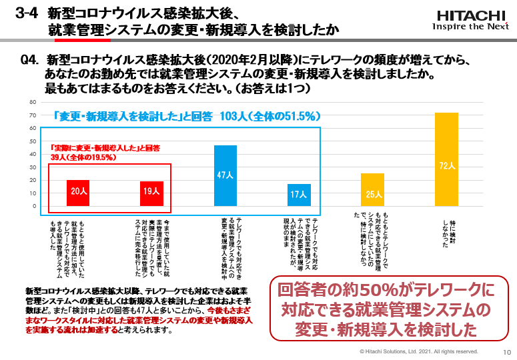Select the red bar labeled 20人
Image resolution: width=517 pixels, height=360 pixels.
tap(78, 193)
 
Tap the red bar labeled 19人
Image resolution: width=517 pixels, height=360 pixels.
tap(151, 193)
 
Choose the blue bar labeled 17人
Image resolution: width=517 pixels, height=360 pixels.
tap(299, 195)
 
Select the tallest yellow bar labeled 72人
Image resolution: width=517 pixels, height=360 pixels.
tap(446, 159)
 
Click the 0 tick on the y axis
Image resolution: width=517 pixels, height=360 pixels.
tap(33, 206)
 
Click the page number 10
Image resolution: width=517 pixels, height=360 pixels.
tap(506, 351)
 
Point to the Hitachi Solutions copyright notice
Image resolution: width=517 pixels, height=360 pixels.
tap(418, 351)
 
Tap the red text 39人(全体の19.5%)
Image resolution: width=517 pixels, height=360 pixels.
tap(84, 157)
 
